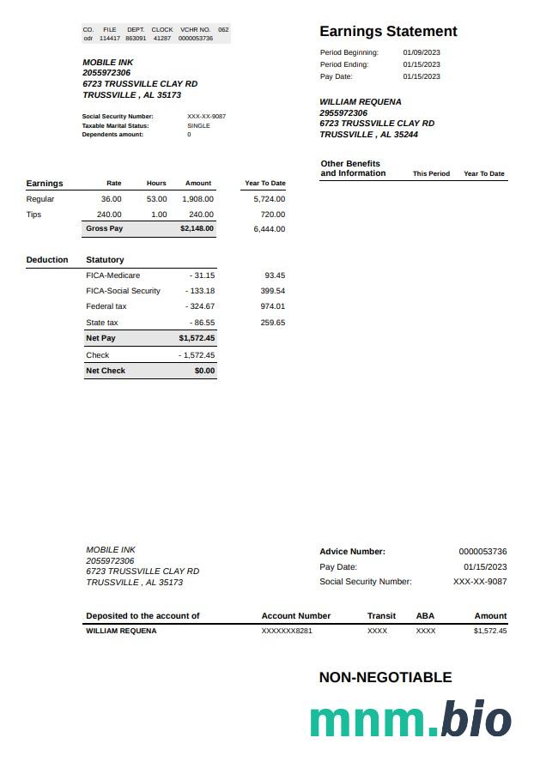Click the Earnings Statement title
pyautogui.click(x=388, y=32)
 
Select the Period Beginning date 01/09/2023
pyautogui.click(x=422, y=52)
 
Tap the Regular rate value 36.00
pyautogui.click(x=112, y=199)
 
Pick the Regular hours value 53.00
pyautogui.click(x=156, y=199)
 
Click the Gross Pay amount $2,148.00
pyautogui.click(x=197, y=229)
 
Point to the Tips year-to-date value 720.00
pyautogui.click(x=273, y=215)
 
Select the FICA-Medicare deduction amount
pyautogui.click(x=204, y=275)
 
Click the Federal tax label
pyautogui.click(x=106, y=306)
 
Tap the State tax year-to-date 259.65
pyautogui.click(x=273, y=323)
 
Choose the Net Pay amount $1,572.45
pyautogui.click(x=197, y=338)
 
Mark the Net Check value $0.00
pyautogui.click(x=204, y=371)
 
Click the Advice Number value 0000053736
pyautogui.click(x=482, y=552)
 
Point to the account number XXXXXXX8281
pyautogui.click(x=287, y=631)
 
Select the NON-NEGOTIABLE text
pyautogui.click(x=385, y=677)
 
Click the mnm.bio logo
pyautogui.click(x=410, y=719)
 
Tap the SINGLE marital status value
pyautogui.click(x=198, y=125)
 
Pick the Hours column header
pyautogui.click(x=156, y=183)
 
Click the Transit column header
pyautogui.click(x=381, y=616)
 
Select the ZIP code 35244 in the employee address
pyautogui.click(x=406, y=135)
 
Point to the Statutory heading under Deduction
pyautogui.click(x=105, y=259)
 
